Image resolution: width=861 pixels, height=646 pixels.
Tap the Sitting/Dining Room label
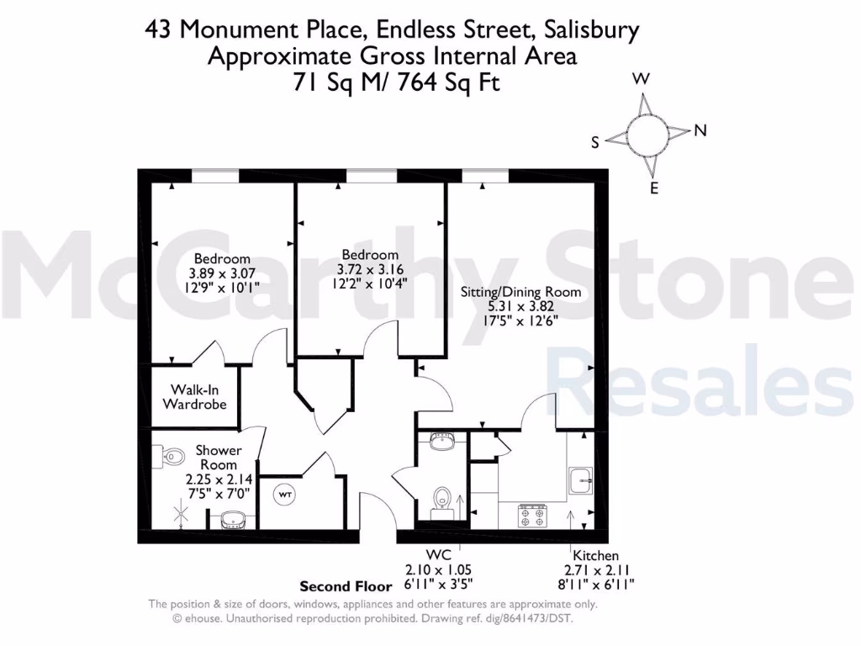point(520,292)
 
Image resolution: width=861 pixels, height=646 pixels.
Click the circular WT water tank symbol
point(286,495)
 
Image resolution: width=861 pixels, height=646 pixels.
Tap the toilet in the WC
point(441,499)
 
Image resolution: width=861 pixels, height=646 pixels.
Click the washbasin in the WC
point(441,440)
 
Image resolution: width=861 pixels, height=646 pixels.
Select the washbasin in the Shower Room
point(230,519)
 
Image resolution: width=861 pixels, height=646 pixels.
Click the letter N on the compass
point(700,130)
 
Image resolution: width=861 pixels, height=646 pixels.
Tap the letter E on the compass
point(654,188)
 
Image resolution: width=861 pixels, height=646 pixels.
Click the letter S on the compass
point(595,143)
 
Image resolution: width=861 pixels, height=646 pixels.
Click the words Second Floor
point(346,586)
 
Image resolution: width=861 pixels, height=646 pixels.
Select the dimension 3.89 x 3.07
point(222,273)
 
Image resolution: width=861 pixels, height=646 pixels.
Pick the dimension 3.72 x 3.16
point(370,269)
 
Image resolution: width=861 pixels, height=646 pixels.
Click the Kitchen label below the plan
point(595,555)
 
